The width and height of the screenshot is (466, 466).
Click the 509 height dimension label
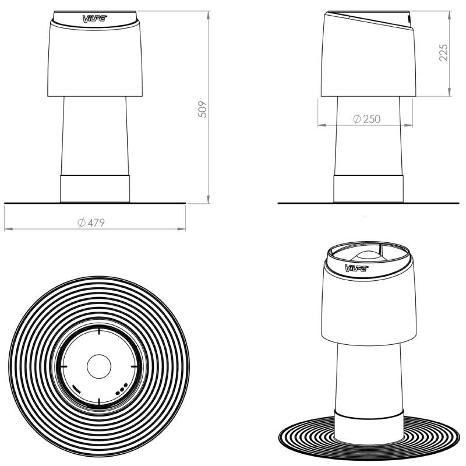[202, 110]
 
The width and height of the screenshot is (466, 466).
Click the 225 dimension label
[443, 52]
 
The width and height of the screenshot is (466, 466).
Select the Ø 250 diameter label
[367, 119]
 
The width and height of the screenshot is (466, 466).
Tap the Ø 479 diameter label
[91, 223]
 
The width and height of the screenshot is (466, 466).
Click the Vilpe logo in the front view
[94, 19]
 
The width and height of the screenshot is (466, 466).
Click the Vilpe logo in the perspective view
[356, 268]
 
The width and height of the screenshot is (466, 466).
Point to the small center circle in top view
[99, 366]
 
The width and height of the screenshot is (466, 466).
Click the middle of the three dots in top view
[122, 389]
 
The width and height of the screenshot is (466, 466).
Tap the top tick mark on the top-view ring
[99, 331]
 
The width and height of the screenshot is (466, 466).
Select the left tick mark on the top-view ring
[64, 366]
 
